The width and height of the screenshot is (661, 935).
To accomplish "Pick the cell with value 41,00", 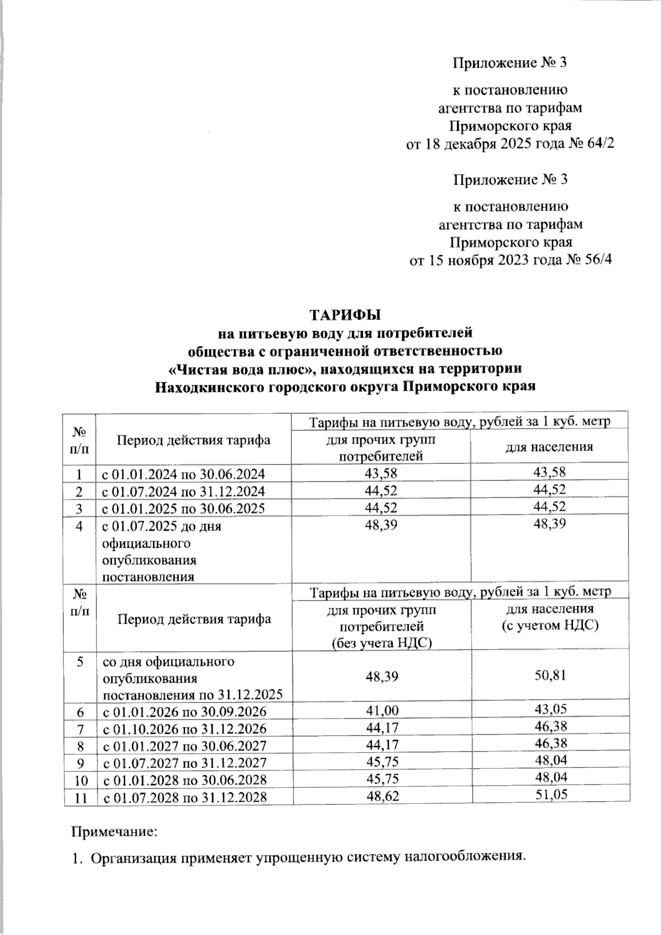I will point(382,711).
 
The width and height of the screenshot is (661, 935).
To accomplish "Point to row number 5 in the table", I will point(81,662).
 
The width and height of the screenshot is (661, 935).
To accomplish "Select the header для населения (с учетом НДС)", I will point(550,617).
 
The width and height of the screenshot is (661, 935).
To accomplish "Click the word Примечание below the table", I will point(112,831).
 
